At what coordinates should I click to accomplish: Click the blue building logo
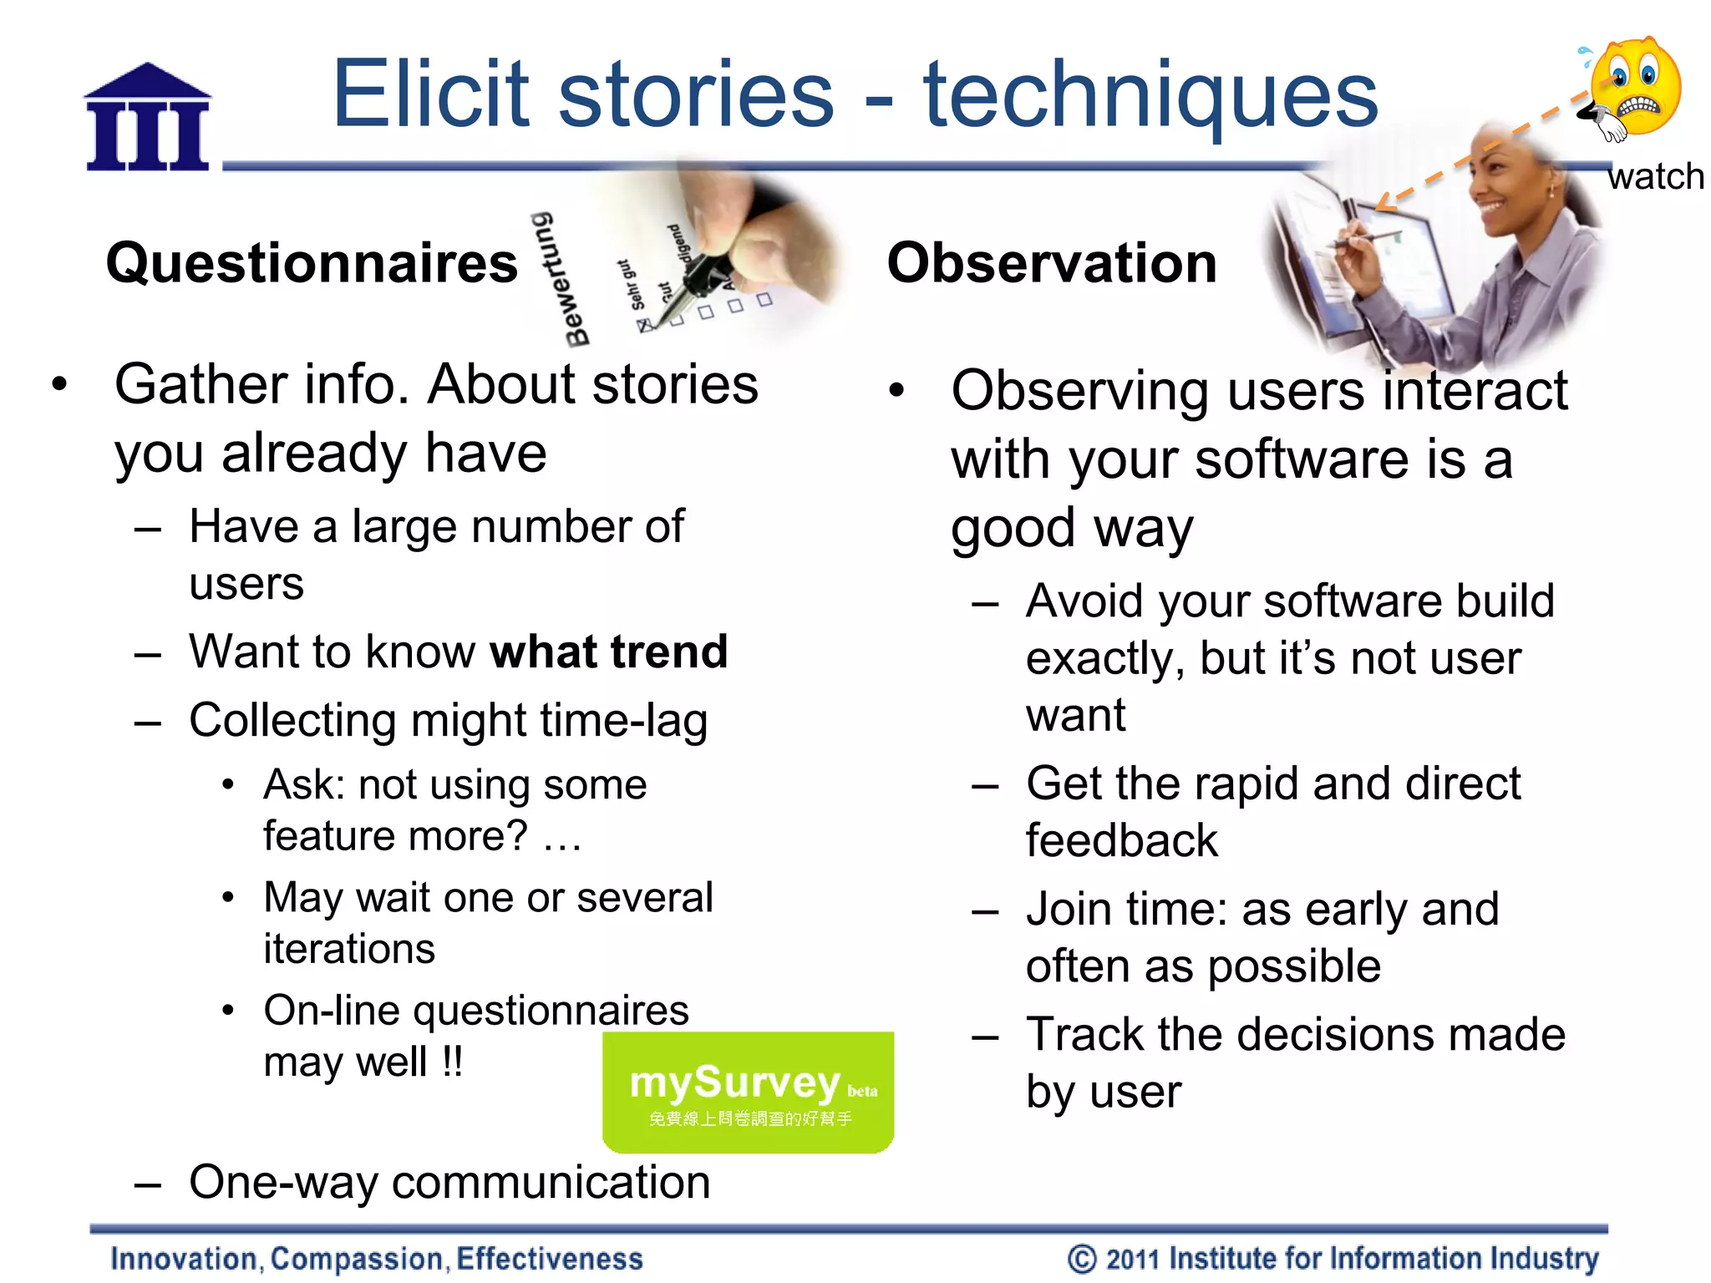pyautogui.click(x=148, y=119)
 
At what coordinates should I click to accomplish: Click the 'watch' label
pyautogui.click(x=1655, y=177)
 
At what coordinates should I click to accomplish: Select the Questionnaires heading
pyautogui.click(x=312, y=263)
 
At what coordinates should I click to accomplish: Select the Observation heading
pyautogui.click(x=1051, y=263)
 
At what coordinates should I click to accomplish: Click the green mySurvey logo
pyautogui.click(x=748, y=1092)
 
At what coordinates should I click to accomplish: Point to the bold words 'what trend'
pyautogui.click(x=608, y=652)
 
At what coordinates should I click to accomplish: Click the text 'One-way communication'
pyautogui.click(x=449, y=1182)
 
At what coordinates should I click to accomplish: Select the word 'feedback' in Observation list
pyautogui.click(x=1121, y=840)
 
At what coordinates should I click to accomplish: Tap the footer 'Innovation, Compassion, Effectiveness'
pyautogui.click(x=376, y=1259)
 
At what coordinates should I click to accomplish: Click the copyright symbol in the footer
pyautogui.click(x=1081, y=1259)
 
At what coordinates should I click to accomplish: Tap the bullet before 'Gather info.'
pyautogui.click(x=58, y=385)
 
